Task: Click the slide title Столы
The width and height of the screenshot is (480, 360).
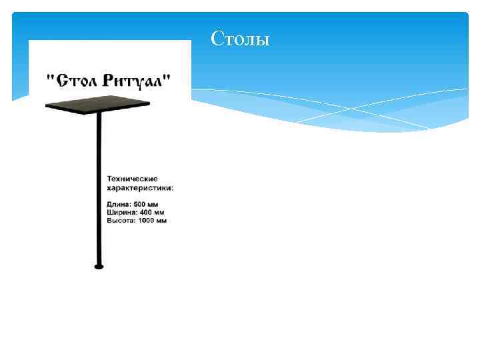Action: (x=240, y=39)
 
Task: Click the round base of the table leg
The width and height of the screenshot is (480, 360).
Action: (x=99, y=266)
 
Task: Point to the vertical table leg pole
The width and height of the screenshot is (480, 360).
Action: (x=99, y=187)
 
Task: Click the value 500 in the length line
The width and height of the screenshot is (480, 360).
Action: (x=141, y=203)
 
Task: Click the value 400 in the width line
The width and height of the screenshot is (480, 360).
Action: (x=146, y=212)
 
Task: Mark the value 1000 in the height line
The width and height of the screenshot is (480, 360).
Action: (x=147, y=220)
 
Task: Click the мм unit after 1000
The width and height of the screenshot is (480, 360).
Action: (x=161, y=220)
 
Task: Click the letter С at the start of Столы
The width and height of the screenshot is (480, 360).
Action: (x=216, y=39)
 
